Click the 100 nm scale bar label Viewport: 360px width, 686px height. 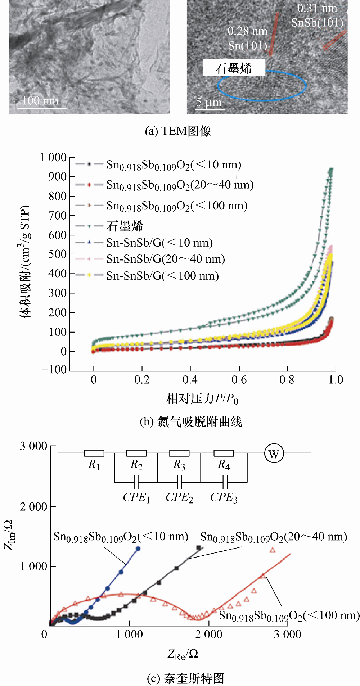tap(40, 100)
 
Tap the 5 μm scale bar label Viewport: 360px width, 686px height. tap(209, 103)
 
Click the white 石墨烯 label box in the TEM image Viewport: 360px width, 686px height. tap(234, 68)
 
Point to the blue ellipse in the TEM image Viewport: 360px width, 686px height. tap(262, 98)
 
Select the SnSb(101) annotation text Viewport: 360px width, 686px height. tap(317, 23)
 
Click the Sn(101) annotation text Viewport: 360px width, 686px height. tap(248, 46)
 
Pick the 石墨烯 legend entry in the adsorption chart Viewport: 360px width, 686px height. tap(125, 226)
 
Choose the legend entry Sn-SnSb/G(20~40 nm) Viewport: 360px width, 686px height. tap(166, 259)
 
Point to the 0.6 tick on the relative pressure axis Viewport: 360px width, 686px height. tap(239, 380)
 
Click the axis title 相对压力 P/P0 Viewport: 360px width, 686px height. tap(202, 399)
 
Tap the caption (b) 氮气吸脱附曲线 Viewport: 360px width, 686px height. tap(191, 421)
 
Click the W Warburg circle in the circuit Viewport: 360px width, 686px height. tap(274, 453)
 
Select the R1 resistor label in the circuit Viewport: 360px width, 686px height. tap(94, 465)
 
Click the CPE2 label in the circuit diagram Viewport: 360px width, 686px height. tap(179, 497)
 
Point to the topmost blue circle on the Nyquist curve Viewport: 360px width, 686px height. tap(138, 549)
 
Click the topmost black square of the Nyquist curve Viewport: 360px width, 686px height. tap(198, 548)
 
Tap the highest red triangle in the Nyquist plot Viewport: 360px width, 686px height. tap(273, 550)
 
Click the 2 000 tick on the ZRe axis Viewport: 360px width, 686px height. tap(208, 634)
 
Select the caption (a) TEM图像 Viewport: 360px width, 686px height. tap(178, 131)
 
